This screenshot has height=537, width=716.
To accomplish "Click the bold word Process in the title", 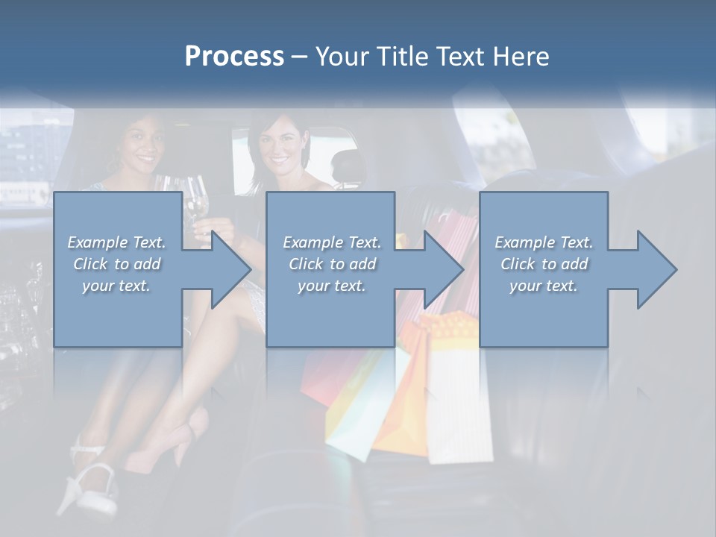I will point(234,57).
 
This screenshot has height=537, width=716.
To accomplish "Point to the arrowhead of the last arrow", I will point(656,269).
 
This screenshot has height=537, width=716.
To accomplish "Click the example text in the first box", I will point(117,264).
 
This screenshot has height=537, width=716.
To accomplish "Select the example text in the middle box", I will point(332,264).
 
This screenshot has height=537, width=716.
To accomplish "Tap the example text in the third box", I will point(544,264).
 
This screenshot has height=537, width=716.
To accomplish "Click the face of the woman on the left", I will point(140,144).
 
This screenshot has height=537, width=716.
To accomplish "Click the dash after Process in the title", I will point(299,57).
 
